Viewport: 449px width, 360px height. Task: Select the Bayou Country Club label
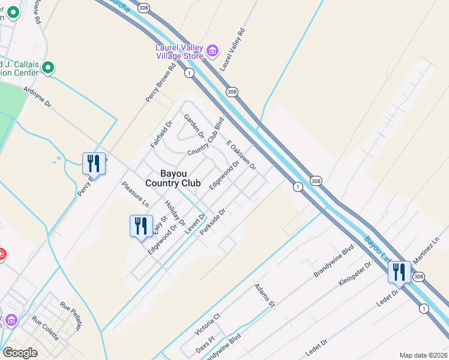click(172, 178)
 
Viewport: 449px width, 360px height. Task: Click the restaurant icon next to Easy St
click(141, 226)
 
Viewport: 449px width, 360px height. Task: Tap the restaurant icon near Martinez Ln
click(399, 272)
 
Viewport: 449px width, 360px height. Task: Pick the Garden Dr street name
click(194, 125)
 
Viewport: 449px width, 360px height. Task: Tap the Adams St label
click(264, 296)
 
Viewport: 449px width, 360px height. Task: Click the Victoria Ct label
click(208, 323)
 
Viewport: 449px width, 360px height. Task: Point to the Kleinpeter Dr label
click(352, 274)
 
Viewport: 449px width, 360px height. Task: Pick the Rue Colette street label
click(45, 328)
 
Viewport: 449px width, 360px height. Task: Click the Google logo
click(20, 353)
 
